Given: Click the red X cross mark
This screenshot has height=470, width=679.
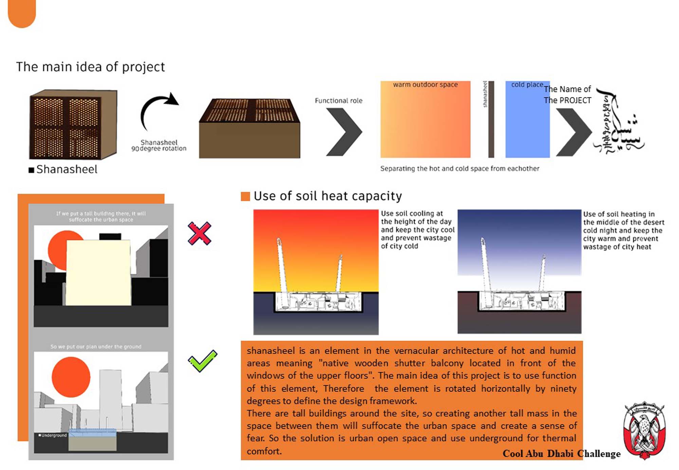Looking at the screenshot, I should [x=200, y=233].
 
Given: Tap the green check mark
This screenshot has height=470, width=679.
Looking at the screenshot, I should [x=202, y=361].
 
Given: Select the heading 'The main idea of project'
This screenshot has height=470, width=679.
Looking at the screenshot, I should [x=90, y=67].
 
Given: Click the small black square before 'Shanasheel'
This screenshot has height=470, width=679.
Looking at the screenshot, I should [x=31, y=170].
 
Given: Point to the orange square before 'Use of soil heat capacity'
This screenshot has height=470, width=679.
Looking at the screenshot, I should [x=245, y=196].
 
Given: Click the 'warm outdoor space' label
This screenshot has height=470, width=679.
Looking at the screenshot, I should [x=425, y=84].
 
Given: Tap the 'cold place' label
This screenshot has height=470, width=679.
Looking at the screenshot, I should [x=527, y=84].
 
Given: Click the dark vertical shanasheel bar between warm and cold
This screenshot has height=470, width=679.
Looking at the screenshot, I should [x=491, y=119].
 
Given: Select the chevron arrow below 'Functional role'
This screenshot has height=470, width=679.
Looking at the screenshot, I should [x=344, y=132].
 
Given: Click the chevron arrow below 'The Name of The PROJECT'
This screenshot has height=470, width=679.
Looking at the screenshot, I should [x=574, y=132].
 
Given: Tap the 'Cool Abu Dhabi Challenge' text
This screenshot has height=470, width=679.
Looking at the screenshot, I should [x=561, y=454].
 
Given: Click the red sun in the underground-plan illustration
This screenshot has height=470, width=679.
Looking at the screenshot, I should [x=71, y=377].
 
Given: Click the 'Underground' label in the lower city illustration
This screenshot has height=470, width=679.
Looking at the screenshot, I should [x=53, y=435].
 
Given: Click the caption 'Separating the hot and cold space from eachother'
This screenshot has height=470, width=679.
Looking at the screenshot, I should [x=459, y=169].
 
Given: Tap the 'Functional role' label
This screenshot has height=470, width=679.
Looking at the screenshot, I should [x=338, y=100].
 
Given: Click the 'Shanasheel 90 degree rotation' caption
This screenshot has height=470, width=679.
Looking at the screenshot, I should [x=159, y=145].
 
